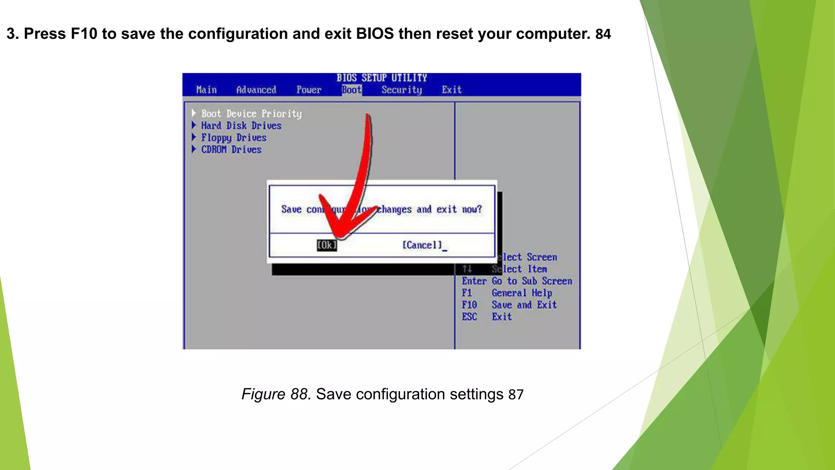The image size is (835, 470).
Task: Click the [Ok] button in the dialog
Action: point(327,245)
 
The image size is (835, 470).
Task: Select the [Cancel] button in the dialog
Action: point(422,245)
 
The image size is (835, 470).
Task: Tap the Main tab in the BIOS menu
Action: point(206,90)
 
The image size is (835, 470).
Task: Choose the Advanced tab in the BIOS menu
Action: point(256,90)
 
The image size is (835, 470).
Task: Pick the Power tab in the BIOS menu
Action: point(309,90)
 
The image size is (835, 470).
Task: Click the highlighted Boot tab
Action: point(351,90)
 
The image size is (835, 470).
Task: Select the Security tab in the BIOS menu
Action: point(402,90)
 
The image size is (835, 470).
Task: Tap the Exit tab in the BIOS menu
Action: point(451,90)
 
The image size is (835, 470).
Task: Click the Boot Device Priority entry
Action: point(251,114)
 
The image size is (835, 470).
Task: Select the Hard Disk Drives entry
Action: point(241,126)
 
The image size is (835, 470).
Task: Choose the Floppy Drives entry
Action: point(234,138)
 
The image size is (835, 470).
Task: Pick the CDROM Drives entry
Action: point(231,150)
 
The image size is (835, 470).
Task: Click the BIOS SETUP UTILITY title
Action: point(382,78)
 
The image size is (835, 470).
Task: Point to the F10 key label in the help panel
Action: point(469,305)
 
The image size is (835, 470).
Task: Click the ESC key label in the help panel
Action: point(469,317)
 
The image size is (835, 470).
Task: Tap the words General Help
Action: point(522,293)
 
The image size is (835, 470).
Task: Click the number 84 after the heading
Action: point(603,34)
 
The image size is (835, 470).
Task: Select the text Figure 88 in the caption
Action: point(274,394)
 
